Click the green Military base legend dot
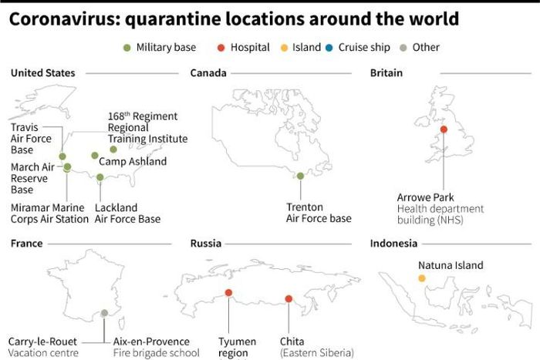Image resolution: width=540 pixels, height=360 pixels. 128,48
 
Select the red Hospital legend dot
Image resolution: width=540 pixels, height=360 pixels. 221,48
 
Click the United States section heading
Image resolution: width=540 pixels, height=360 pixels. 43,73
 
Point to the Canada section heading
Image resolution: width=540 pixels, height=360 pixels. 208,73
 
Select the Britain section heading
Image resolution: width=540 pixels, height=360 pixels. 386,73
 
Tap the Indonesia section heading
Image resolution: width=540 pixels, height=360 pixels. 393,244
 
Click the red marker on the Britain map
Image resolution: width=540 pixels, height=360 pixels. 444,129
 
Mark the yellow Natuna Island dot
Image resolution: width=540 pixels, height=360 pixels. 422,278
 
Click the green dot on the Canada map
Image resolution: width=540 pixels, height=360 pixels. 300,176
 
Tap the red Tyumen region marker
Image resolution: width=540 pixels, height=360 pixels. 229,293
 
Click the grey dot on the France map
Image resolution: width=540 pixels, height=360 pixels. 104,313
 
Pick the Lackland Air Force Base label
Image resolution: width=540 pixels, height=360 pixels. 127,214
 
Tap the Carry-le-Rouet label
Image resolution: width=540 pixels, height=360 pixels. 41,341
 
